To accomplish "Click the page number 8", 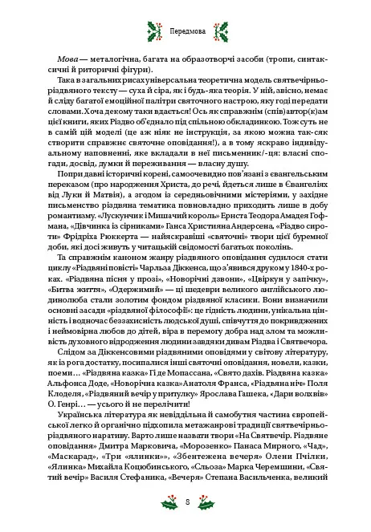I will pos(185,502).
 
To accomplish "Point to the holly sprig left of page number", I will pos(168,502).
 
